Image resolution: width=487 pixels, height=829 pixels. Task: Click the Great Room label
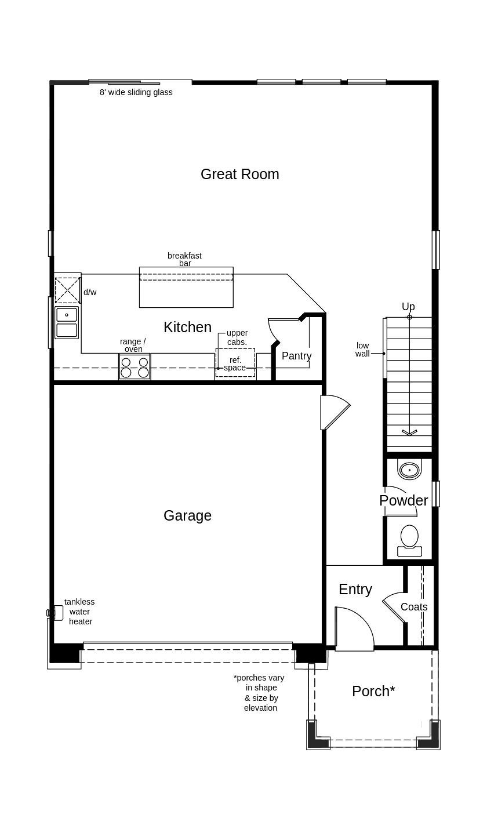240,174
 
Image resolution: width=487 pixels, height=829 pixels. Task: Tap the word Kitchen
188,327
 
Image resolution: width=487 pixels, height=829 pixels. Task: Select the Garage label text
188,515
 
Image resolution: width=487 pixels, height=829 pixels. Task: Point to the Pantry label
296,356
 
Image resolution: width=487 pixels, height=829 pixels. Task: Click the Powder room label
404,500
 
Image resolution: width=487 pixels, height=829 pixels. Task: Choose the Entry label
355,590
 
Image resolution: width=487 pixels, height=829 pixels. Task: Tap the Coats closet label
414,607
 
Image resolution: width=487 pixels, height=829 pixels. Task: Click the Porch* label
373,691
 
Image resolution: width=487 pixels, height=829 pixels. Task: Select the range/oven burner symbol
135,367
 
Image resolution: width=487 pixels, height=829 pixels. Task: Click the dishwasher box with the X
67,290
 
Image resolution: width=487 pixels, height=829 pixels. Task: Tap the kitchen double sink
67,322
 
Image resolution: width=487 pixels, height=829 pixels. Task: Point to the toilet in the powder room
409,541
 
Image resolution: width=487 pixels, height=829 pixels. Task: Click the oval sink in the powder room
409,470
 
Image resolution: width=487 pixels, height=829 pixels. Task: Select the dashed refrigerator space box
235,363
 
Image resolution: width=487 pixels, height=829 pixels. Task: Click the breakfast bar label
185,259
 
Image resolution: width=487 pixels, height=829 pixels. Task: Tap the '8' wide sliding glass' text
136,93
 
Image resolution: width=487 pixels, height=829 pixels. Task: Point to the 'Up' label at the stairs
408,307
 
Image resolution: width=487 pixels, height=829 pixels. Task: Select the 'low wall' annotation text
363,350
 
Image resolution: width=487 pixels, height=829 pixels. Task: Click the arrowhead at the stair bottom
409,432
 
